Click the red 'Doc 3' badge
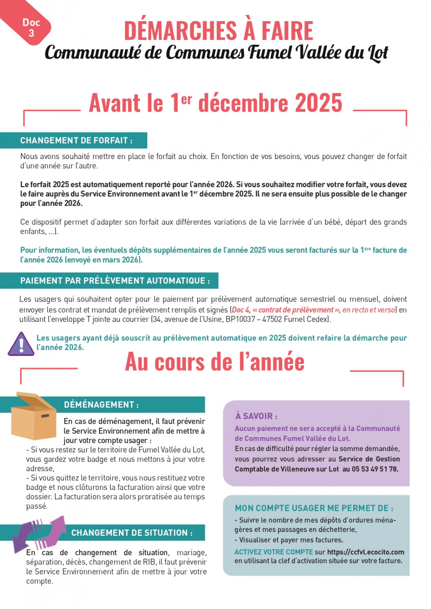coord(31,27)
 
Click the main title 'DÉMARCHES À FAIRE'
coord(218,31)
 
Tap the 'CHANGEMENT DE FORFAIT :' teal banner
coord(76,141)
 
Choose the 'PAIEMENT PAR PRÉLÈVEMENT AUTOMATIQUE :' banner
coord(115,281)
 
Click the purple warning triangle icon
coord(21,344)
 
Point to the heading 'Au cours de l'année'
coord(215,362)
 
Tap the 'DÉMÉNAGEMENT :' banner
coord(101,405)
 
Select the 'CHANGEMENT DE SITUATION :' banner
coord(132,533)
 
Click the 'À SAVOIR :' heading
coord(256,417)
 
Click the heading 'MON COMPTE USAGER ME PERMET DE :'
coord(314,508)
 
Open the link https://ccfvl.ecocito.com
coord(365,552)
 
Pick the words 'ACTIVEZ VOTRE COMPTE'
coord(273,552)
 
